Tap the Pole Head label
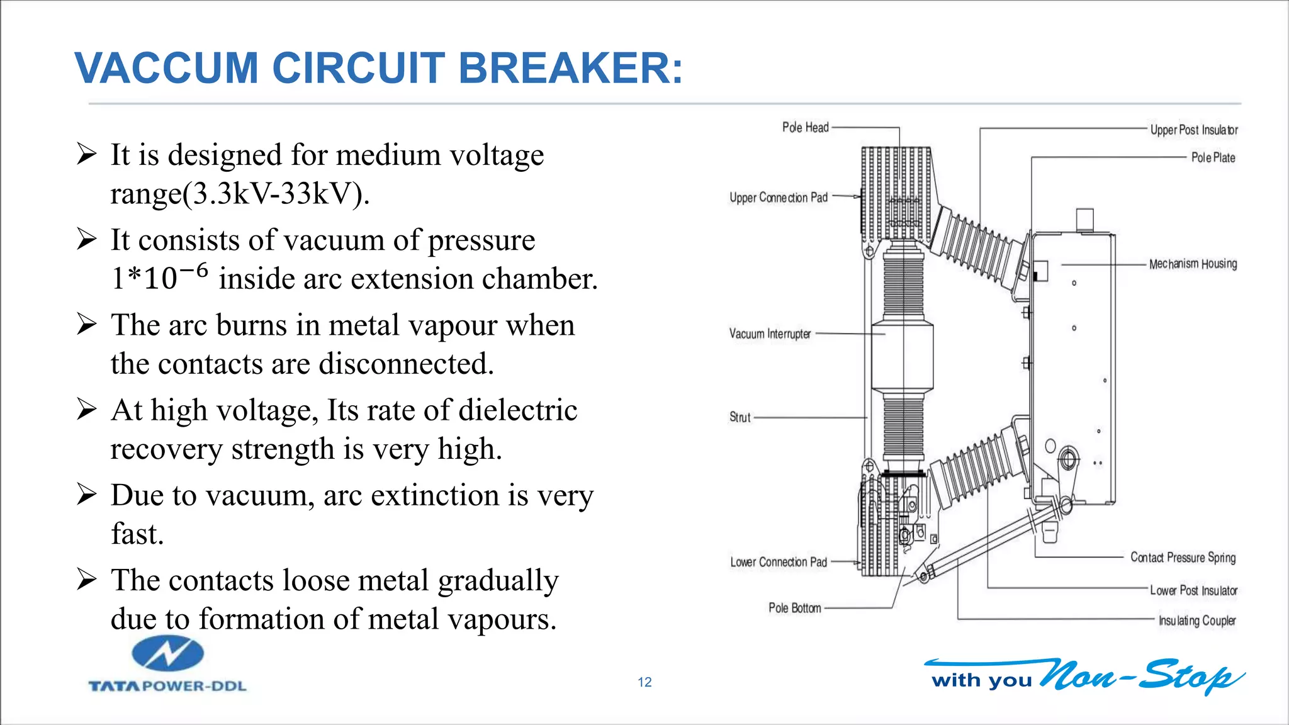(x=805, y=128)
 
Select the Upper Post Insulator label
(x=1193, y=130)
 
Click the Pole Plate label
(x=1213, y=157)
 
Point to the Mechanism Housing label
(x=1193, y=264)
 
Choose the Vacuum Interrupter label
(x=770, y=334)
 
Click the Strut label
(x=740, y=417)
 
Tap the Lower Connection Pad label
(x=778, y=562)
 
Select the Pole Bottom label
(x=794, y=608)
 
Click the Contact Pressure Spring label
(x=1183, y=558)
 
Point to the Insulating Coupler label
(x=1197, y=621)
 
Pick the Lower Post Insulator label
(x=1193, y=590)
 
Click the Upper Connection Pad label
(x=778, y=198)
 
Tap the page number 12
(x=644, y=682)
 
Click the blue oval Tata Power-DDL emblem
(x=167, y=653)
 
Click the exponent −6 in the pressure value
(x=193, y=270)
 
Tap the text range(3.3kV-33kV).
(x=240, y=193)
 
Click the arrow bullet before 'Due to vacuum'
(x=86, y=495)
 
